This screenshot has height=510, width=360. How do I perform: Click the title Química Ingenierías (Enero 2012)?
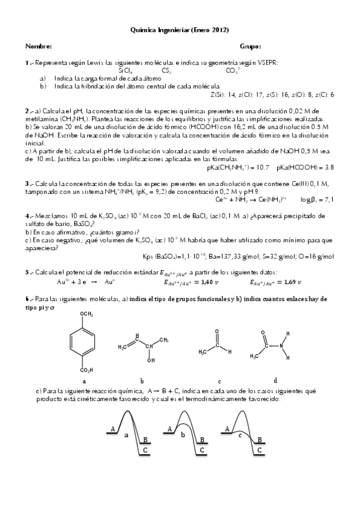click(180, 29)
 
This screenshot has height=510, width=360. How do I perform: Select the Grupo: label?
click(250, 46)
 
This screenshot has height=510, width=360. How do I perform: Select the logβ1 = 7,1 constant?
click(317, 198)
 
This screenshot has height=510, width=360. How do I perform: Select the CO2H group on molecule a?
click(85, 370)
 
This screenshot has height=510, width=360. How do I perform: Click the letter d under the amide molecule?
click(275, 380)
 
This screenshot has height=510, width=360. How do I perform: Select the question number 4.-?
click(29, 215)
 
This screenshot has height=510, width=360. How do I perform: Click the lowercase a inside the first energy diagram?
click(126, 434)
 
